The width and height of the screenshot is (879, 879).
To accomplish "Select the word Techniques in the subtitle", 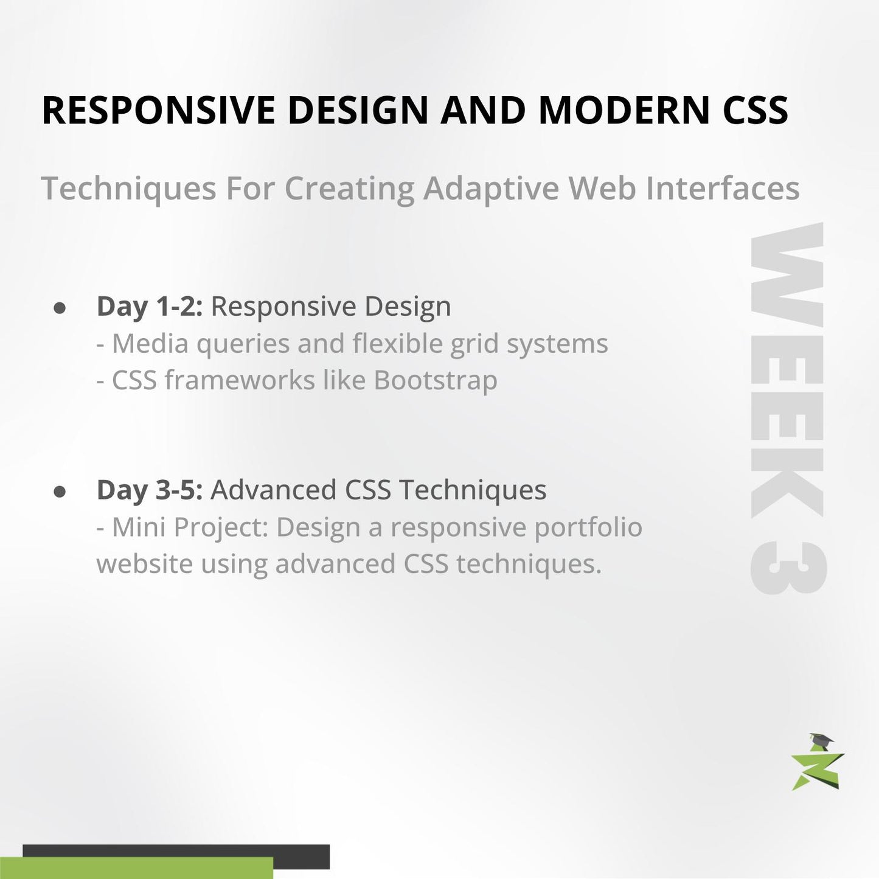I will point(128,189).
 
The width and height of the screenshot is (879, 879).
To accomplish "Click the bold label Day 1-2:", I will point(149,307).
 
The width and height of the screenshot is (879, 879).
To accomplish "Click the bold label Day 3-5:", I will point(149,490).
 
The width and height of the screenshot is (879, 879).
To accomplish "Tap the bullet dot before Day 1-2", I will point(60,308).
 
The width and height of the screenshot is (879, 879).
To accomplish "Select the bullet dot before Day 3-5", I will point(60,492).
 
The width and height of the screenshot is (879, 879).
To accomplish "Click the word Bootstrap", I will point(435,381).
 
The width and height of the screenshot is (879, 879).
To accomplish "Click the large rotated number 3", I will point(787,568).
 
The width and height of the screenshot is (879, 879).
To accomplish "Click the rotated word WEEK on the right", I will point(787,371).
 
